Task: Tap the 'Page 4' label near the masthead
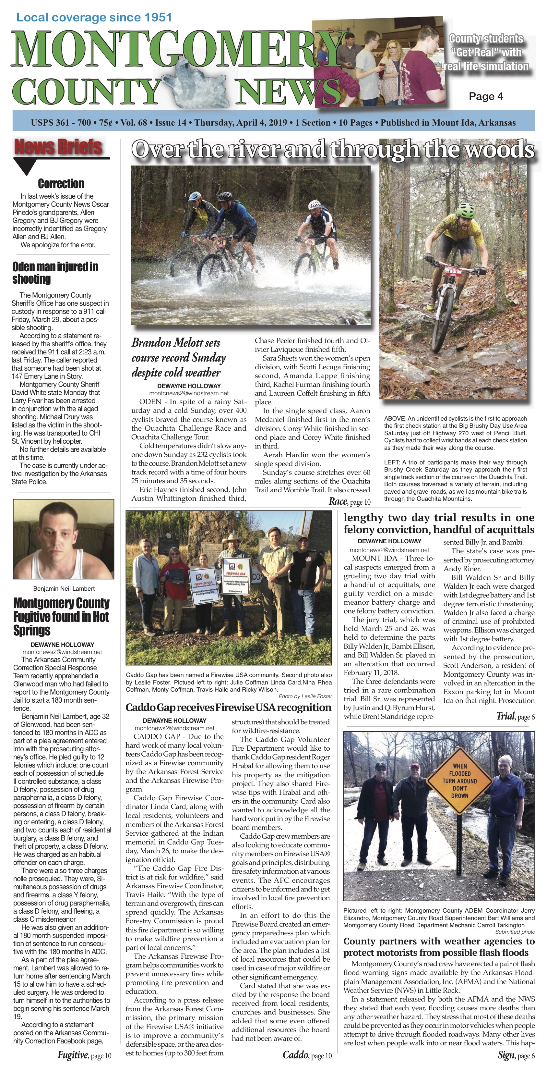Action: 485,96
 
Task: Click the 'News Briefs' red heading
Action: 58,147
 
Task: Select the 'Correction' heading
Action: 61,183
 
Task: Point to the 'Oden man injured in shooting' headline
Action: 55,273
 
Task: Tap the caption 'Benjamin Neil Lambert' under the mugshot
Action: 64,588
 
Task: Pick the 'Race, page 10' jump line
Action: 349,501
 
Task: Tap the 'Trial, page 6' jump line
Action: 515,716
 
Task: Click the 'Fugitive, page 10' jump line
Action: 84,1055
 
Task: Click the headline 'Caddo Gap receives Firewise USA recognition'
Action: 229,708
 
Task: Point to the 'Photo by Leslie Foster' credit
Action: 305,696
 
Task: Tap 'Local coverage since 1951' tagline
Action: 94,18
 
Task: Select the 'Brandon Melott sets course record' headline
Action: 179,358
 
